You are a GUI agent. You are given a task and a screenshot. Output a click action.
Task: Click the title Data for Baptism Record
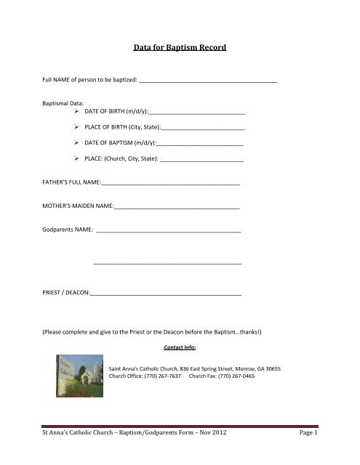pos(179,49)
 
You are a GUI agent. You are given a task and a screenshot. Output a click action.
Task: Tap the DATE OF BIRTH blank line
pos(196,114)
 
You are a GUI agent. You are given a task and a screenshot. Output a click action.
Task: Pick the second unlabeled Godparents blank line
pos(168,262)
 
